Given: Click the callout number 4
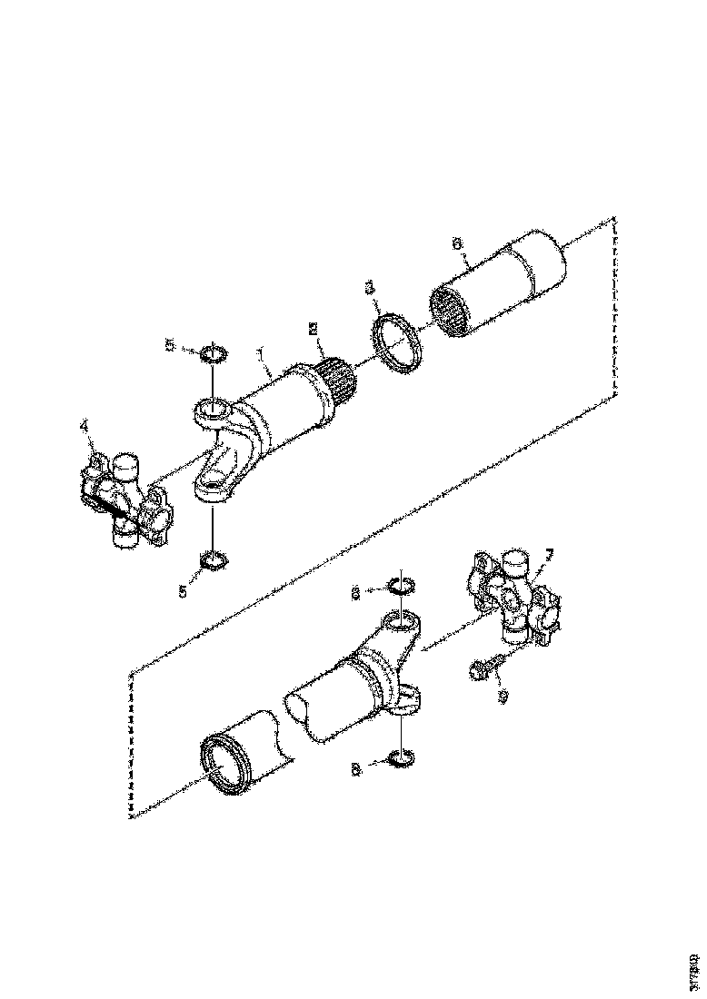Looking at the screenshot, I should (x=84, y=424).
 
